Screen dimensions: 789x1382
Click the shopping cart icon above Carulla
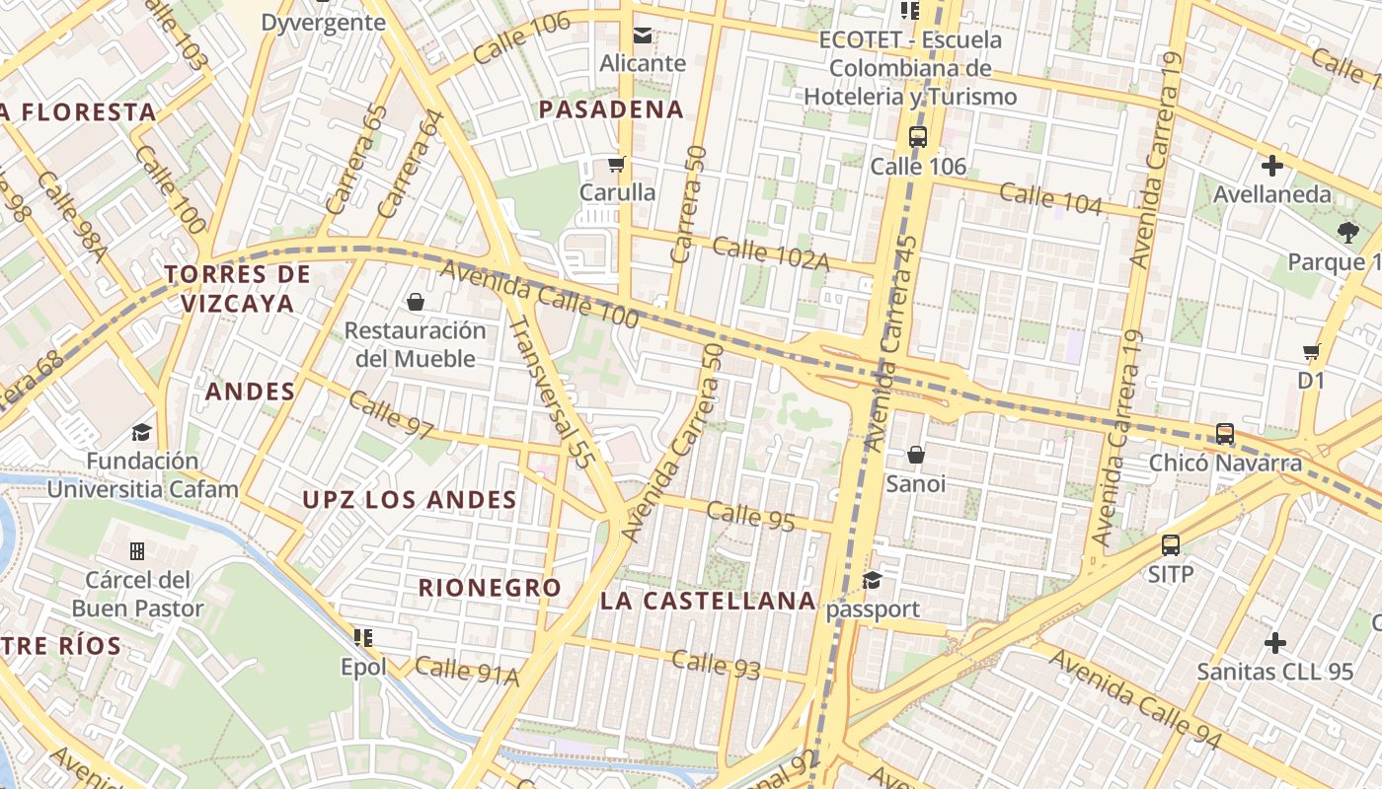click(617, 164)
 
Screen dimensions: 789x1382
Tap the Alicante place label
click(643, 63)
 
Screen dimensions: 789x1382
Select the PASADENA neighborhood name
click(611, 109)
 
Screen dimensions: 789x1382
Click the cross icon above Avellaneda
click(1272, 166)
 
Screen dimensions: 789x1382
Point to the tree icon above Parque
click(1347, 233)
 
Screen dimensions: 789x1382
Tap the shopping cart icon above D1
click(1312, 351)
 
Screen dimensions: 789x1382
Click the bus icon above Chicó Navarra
click(1225, 434)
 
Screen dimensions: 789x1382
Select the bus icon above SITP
click(1171, 544)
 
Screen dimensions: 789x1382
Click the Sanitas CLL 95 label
click(1274, 672)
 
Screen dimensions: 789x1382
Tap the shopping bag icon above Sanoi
click(916, 455)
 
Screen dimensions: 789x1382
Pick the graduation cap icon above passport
click(872, 580)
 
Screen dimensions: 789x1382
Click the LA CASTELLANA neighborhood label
click(708, 601)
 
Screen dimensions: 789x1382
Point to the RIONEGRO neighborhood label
click(490, 588)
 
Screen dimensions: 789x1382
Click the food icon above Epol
click(363, 638)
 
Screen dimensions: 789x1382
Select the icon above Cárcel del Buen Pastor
click(137, 550)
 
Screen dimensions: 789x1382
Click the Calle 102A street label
click(770, 252)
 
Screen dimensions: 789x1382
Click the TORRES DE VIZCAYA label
click(238, 288)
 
